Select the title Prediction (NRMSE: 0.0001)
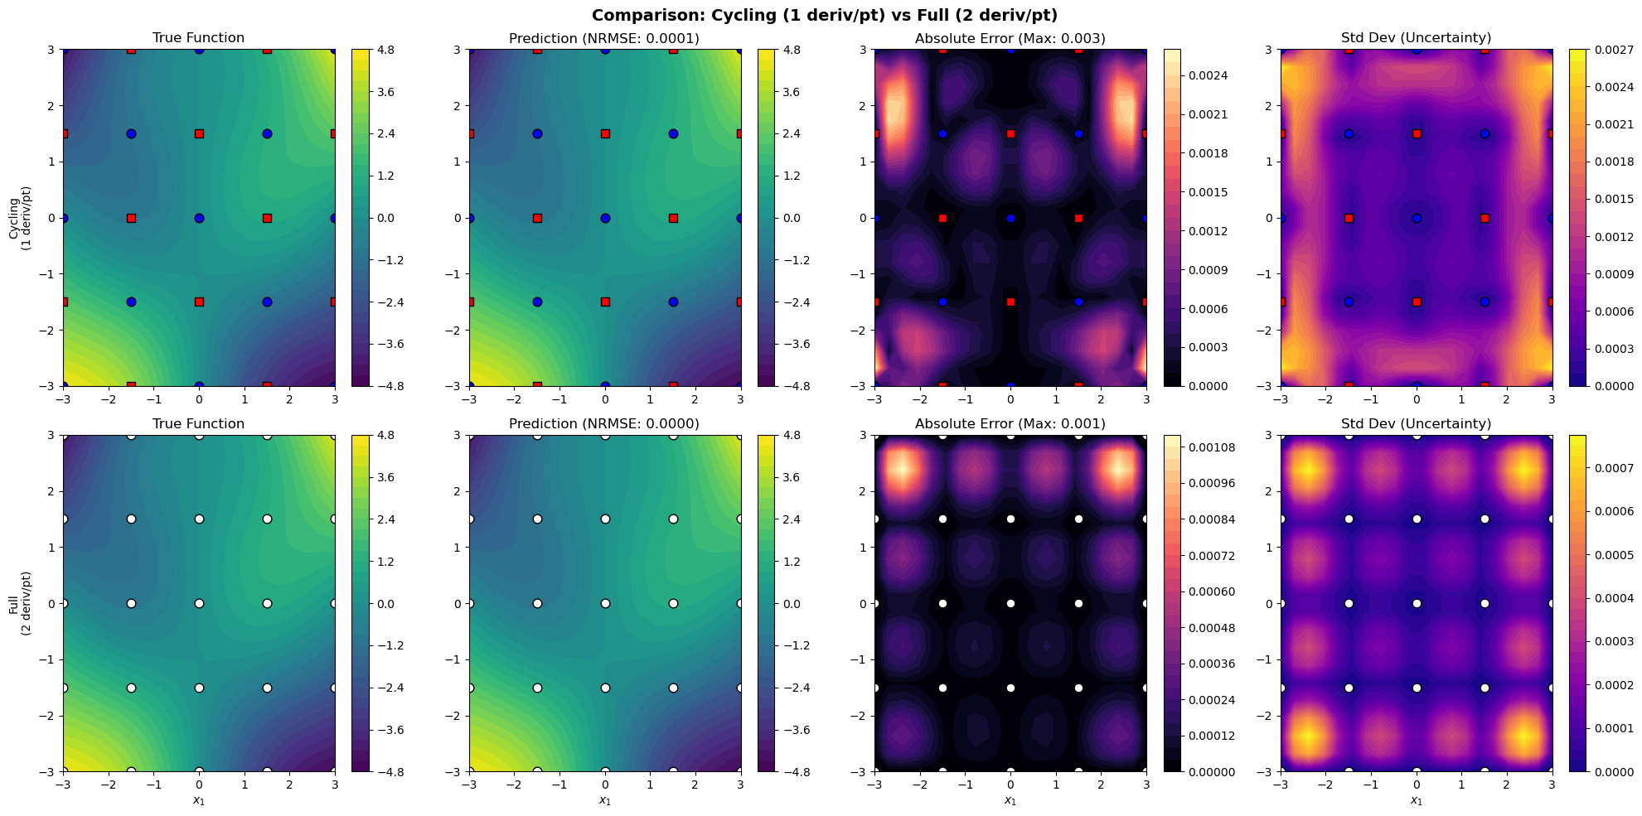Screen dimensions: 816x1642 (604, 38)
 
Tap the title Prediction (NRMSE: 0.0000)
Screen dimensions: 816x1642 (604, 424)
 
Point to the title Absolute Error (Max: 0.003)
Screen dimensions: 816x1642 (1010, 38)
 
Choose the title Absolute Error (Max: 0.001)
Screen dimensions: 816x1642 (1010, 424)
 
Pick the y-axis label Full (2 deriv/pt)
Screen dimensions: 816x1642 (20, 603)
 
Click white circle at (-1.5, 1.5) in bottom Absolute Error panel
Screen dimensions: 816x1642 (942, 519)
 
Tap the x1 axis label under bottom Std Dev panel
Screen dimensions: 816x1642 (1416, 800)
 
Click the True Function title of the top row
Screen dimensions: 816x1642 (198, 38)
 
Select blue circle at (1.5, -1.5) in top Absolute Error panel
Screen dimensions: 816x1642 (1078, 302)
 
